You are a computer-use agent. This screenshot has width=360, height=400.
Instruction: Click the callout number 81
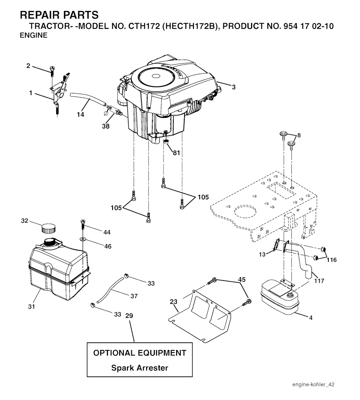click(x=176, y=153)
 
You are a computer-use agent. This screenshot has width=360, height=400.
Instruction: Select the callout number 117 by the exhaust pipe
click(x=319, y=281)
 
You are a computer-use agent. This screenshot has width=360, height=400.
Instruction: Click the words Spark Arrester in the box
click(x=140, y=368)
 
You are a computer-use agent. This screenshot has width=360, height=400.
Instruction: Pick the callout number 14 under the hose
click(x=81, y=114)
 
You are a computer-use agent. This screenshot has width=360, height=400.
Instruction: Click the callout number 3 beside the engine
click(x=234, y=87)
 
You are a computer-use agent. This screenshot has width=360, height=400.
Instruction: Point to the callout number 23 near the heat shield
click(x=174, y=302)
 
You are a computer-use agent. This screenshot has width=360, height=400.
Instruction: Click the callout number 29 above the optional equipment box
click(x=129, y=316)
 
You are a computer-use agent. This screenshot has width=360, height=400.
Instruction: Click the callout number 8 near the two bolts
click(x=299, y=135)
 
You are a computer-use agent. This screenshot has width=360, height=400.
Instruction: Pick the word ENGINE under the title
click(x=34, y=35)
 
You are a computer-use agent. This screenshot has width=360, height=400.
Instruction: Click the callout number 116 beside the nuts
click(x=332, y=260)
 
